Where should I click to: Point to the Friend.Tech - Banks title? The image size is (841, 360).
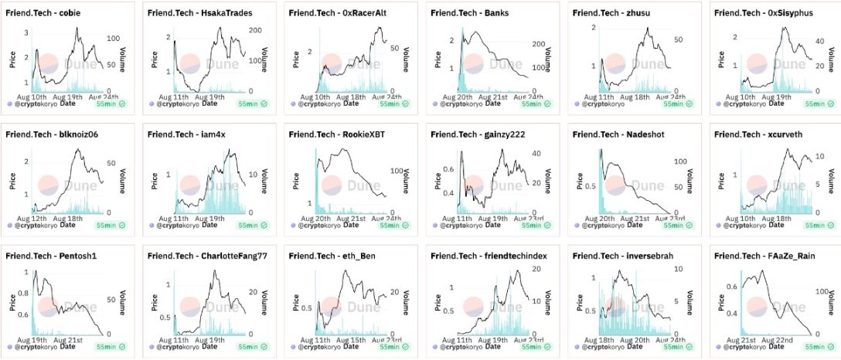pos(468,14)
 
